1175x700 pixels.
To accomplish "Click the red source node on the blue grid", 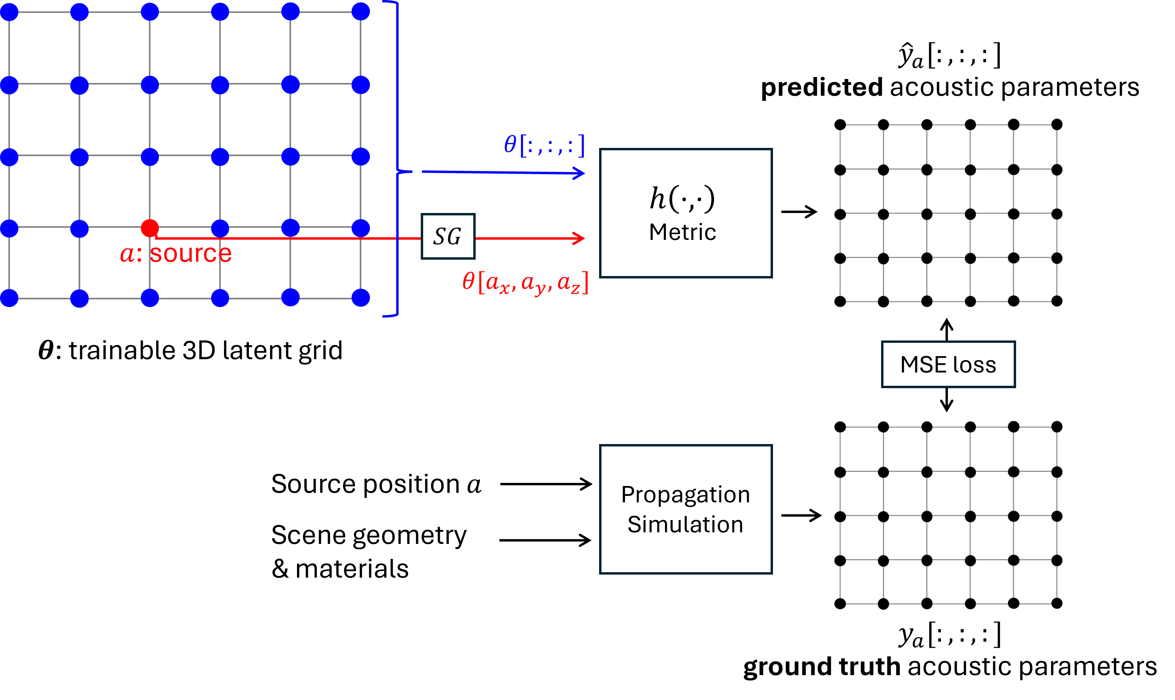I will (x=150, y=228).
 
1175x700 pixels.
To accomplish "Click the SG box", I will (x=448, y=236).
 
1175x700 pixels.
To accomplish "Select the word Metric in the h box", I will (x=682, y=232).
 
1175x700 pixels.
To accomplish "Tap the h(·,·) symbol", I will (x=682, y=198).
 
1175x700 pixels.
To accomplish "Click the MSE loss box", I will (x=948, y=365).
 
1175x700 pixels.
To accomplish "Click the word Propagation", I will (x=685, y=494).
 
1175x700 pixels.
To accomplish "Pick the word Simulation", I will (x=685, y=524).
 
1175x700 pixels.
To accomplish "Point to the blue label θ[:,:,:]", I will (x=544, y=145).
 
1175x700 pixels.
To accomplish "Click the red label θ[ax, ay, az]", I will (x=525, y=283).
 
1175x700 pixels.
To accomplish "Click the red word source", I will (x=191, y=254).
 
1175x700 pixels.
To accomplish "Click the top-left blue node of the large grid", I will (x=9, y=12).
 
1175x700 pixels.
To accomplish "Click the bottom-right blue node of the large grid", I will (x=360, y=298).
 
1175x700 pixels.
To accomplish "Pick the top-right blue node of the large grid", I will (x=360, y=12).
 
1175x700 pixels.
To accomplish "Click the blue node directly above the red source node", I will (x=150, y=157).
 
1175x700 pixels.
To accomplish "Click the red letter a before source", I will (x=128, y=255).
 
